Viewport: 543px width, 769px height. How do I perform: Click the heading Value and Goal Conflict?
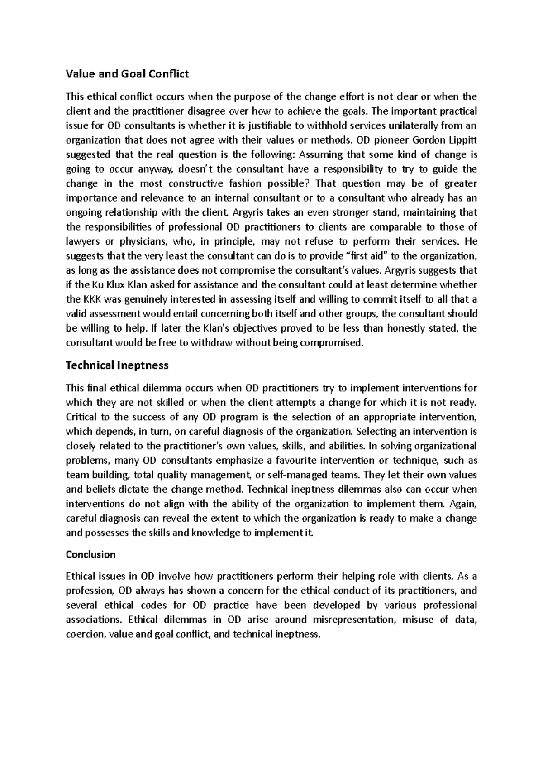[x=127, y=74]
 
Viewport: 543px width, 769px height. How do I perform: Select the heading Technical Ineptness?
[x=117, y=365]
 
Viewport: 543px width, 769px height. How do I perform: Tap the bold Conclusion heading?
[x=90, y=554]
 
